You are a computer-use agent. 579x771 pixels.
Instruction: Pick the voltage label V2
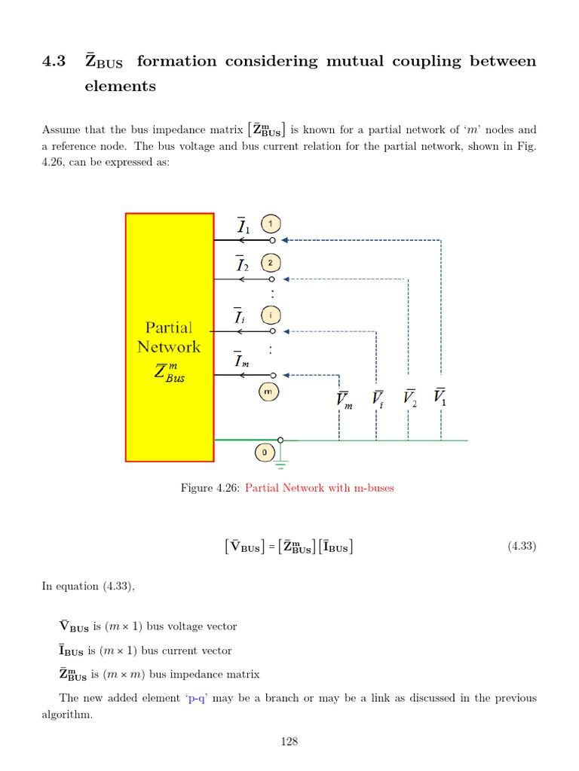click(410, 398)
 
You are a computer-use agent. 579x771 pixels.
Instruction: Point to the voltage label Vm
click(345, 401)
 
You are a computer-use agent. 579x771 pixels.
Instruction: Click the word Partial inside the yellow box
click(169, 328)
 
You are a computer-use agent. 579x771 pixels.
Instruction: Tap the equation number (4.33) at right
click(522, 547)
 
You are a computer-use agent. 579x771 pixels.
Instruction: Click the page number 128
click(289, 742)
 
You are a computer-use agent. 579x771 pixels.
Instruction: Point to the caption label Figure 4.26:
click(210, 488)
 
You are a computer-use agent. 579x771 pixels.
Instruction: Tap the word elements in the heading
click(120, 86)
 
